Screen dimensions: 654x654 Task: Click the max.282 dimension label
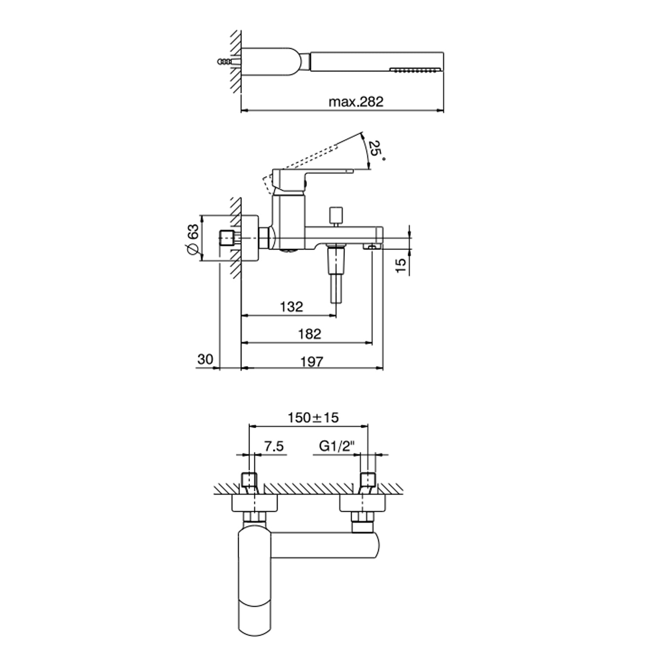356,102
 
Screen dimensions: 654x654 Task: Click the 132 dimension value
291,307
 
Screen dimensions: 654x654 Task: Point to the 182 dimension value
309,334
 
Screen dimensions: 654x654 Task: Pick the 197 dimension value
312,361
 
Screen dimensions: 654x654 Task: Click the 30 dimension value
205,359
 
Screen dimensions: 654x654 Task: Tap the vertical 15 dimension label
401,265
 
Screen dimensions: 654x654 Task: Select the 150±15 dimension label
313,418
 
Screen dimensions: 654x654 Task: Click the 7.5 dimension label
274,446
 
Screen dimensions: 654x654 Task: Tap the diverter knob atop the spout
335,217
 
